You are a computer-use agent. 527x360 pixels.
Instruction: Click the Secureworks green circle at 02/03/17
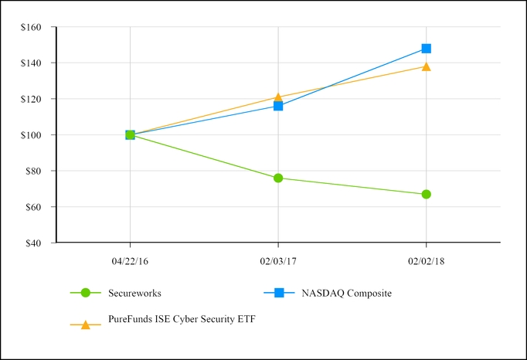pyautogui.click(x=278, y=178)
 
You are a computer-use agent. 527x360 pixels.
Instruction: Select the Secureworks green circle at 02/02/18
pyautogui.click(x=426, y=194)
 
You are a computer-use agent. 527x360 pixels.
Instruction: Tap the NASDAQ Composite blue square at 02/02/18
pyautogui.click(x=426, y=49)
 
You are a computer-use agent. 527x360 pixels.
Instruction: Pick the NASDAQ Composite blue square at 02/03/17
pyautogui.click(x=278, y=106)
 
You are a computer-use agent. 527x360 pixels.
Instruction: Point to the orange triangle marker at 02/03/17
pyautogui.click(x=278, y=97)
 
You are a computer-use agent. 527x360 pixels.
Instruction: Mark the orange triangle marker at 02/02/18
pyautogui.click(x=426, y=66)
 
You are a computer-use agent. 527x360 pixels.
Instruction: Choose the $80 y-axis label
pyautogui.click(x=37, y=171)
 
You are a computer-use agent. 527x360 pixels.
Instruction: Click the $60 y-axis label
pyautogui.click(x=37, y=207)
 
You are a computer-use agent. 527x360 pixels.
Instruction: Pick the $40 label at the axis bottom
pyautogui.click(x=37, y=243)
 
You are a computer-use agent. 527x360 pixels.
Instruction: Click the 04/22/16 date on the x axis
pyautogui.click(x=130, y=262)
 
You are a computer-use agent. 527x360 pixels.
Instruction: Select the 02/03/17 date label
pyautogui.click(x=278, y=262)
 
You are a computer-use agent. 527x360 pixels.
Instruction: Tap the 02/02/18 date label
pyautogui.click(x=426, y=262)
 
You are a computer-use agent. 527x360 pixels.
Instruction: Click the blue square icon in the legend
pyautogui.click(x=280, y=293)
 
